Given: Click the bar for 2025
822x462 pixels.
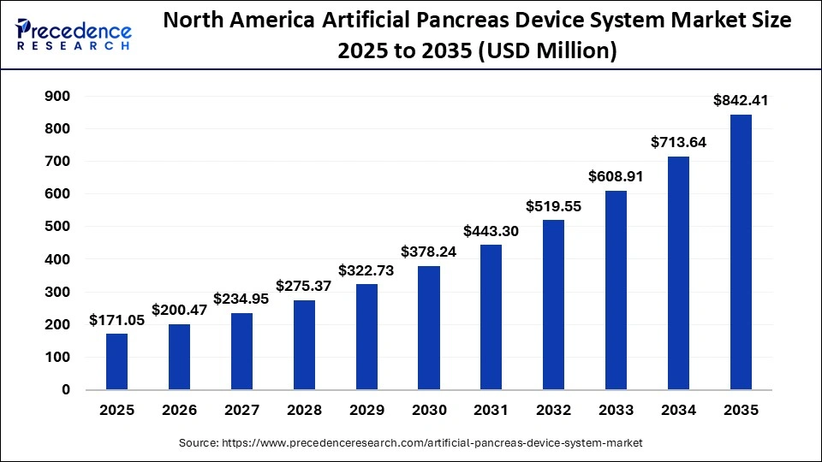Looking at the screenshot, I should click(117, 361).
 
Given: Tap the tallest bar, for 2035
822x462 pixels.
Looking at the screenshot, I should click(741, 252).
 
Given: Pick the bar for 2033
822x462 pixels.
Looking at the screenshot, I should click(616, 290).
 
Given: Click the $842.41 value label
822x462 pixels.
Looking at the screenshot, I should click(741, 100).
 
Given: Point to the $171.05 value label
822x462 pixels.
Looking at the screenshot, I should click(117, 319).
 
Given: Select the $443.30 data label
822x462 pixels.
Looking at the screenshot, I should click(491, 230).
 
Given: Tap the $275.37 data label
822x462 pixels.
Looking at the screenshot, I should click(304, 285).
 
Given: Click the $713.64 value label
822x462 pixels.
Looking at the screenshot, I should click(678, 142).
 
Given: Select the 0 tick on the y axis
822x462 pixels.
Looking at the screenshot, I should click(66, 389).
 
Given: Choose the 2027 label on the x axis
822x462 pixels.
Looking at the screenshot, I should click(241, 411).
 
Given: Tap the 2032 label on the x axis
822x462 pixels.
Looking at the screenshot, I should click(553, 411).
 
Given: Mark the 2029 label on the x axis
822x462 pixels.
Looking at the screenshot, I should click(366, 411).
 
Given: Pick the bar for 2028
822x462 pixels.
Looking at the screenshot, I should click(304, 345).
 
